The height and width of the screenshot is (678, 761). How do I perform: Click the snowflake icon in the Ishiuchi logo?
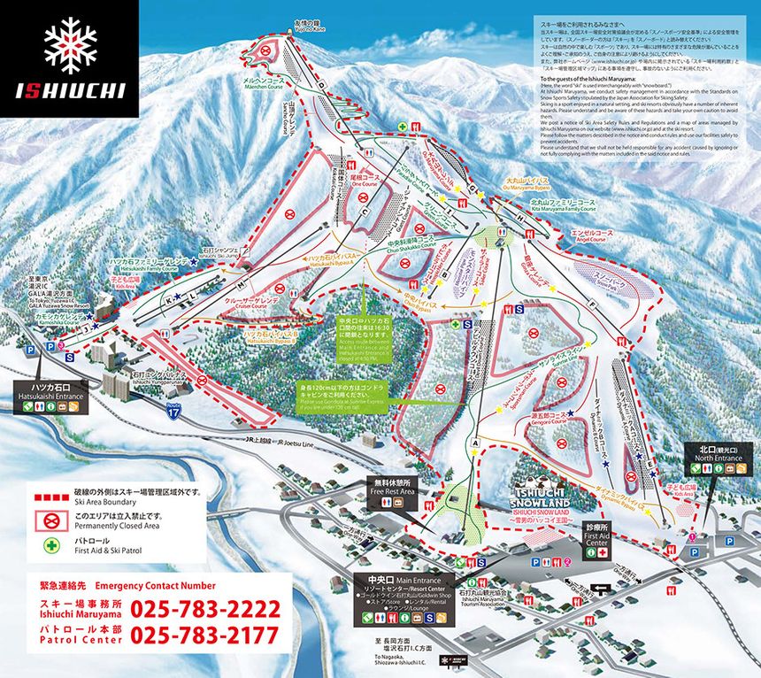click(71, 43)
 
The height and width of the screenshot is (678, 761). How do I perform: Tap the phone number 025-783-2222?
click(205, 610)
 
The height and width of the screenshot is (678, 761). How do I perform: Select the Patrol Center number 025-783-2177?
click(205, 635)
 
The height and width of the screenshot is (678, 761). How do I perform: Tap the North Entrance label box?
click(717, 454)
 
